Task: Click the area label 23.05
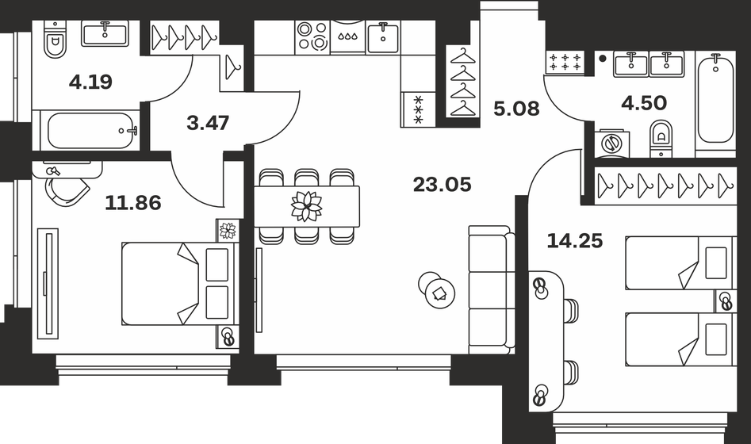tap(442, 186)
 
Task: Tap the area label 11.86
tap(133, 203)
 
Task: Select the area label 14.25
tap(575, 240)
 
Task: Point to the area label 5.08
tap(516, 109)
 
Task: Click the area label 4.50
tap(643, 101)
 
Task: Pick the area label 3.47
tap(207, 123)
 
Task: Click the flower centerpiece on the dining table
tap(307, 206)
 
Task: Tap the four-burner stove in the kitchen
tap(312, 36)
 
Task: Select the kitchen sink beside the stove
tap(383, 36)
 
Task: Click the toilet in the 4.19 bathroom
tap(54, 42)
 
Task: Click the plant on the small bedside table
tap(228, 230)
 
